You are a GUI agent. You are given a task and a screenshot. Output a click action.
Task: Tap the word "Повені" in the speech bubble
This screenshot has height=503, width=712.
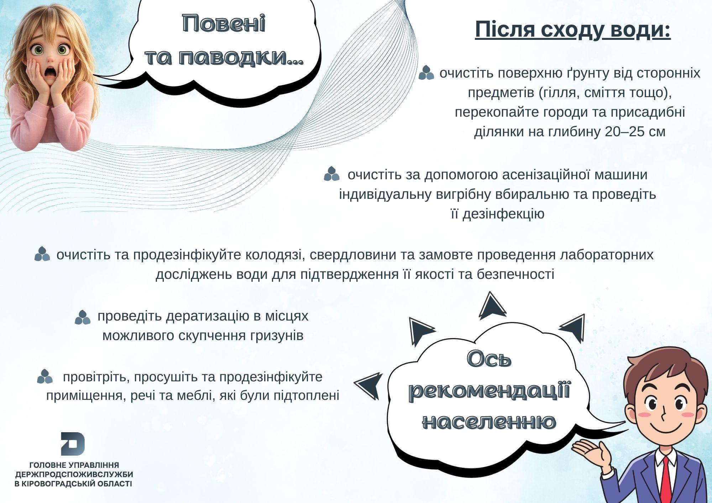[x=224, y=24]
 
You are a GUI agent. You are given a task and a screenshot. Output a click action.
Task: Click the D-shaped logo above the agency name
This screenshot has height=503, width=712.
[x=73, y=444]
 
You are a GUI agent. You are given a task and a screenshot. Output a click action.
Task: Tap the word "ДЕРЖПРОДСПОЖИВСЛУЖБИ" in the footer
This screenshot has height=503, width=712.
[x=74, y=474]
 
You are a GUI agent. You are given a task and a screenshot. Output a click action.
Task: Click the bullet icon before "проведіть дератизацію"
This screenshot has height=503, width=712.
[x=83, y=317]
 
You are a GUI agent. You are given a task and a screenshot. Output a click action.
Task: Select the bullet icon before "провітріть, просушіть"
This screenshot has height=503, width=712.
[x=45, y=376]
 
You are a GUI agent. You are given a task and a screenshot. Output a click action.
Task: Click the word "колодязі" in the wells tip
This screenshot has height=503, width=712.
[x=273, y=255]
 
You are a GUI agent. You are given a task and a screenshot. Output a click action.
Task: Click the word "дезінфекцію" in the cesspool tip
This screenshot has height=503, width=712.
[x=503, y=214]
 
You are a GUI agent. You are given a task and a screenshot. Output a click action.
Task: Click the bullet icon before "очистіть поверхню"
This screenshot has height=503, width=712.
[x=426, y=73]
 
